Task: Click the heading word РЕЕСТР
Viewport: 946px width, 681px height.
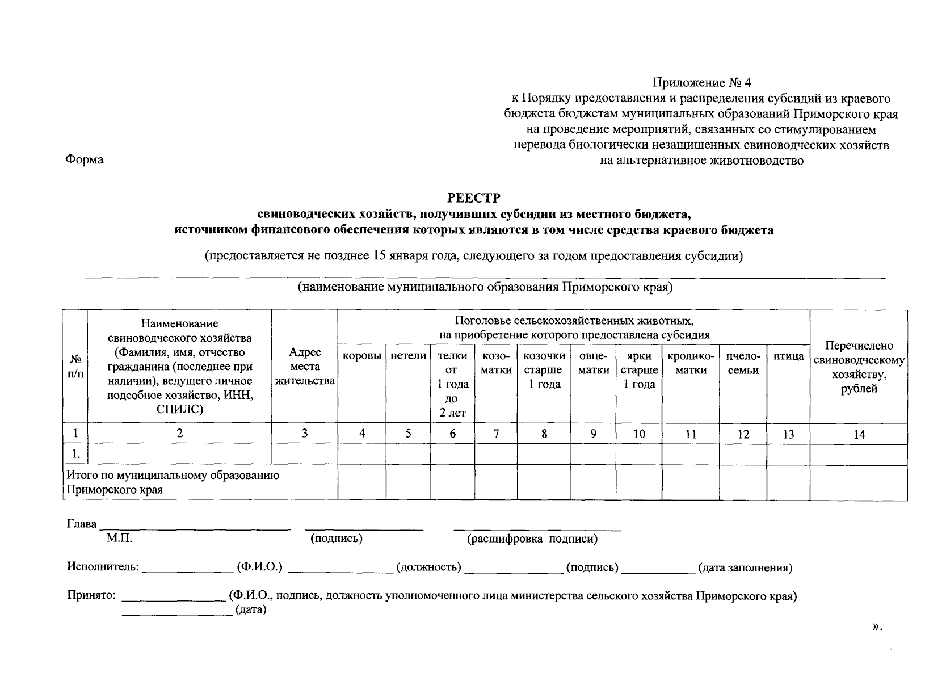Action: [474, 197]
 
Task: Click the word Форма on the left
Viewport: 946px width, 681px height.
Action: [85, 159]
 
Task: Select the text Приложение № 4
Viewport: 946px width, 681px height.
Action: [701, 83]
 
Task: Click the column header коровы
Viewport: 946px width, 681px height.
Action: [361, 356]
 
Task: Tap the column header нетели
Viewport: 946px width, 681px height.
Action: [408, 356]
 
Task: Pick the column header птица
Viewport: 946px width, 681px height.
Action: [788, 356]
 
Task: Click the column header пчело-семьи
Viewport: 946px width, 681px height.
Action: [743, 363]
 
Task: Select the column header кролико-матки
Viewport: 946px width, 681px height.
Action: [690, 363]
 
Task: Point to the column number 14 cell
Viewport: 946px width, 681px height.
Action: [859, 435]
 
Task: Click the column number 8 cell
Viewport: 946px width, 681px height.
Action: [544, 434]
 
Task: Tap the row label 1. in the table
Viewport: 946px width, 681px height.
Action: [75, 454]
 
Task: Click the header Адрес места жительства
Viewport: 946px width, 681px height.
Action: [305, 367]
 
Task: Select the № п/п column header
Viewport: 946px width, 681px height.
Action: [75, 367]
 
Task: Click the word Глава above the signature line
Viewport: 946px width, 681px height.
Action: [82, 523]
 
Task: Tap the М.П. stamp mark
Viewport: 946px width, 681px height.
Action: [119, 539]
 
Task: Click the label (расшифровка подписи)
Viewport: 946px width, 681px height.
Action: [532, 539]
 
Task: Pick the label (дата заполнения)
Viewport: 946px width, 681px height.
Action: [745, 567]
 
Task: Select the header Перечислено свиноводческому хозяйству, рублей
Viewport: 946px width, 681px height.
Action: [859, 367]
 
